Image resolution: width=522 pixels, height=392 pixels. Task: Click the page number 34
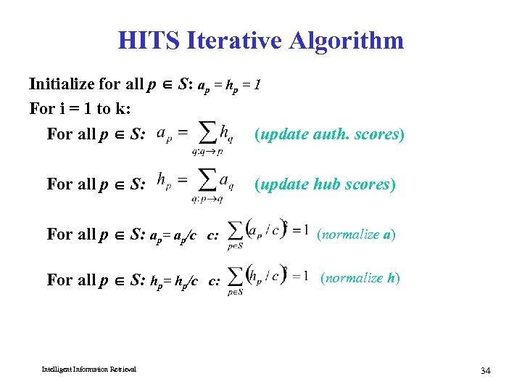485,371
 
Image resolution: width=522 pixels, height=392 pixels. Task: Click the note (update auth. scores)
329,134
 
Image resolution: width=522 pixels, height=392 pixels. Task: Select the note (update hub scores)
325,184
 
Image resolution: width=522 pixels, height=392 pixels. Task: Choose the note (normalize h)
360,278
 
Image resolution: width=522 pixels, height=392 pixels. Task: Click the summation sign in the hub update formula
207,181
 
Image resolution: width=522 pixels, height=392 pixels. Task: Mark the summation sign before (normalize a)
235,231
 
